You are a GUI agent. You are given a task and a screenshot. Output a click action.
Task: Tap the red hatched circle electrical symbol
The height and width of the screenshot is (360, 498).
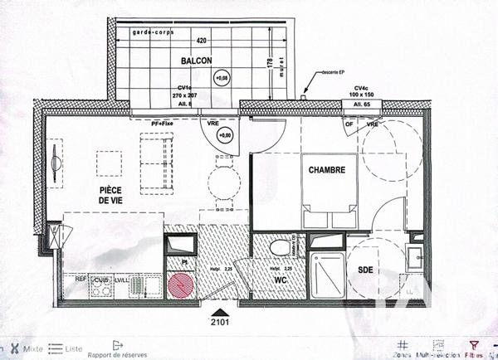click(180, 286)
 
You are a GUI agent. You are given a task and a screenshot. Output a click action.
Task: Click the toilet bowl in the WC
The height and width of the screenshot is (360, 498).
click(281, 246)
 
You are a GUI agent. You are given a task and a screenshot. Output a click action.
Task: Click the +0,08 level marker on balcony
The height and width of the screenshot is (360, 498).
click(222, 80)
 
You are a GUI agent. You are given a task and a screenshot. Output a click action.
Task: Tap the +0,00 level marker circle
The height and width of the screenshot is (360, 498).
click(225, 134)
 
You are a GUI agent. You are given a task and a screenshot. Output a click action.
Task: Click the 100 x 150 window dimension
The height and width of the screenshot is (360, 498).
click(360, 96)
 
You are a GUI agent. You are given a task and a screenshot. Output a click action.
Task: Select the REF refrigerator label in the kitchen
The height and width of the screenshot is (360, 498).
click(81, 280)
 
